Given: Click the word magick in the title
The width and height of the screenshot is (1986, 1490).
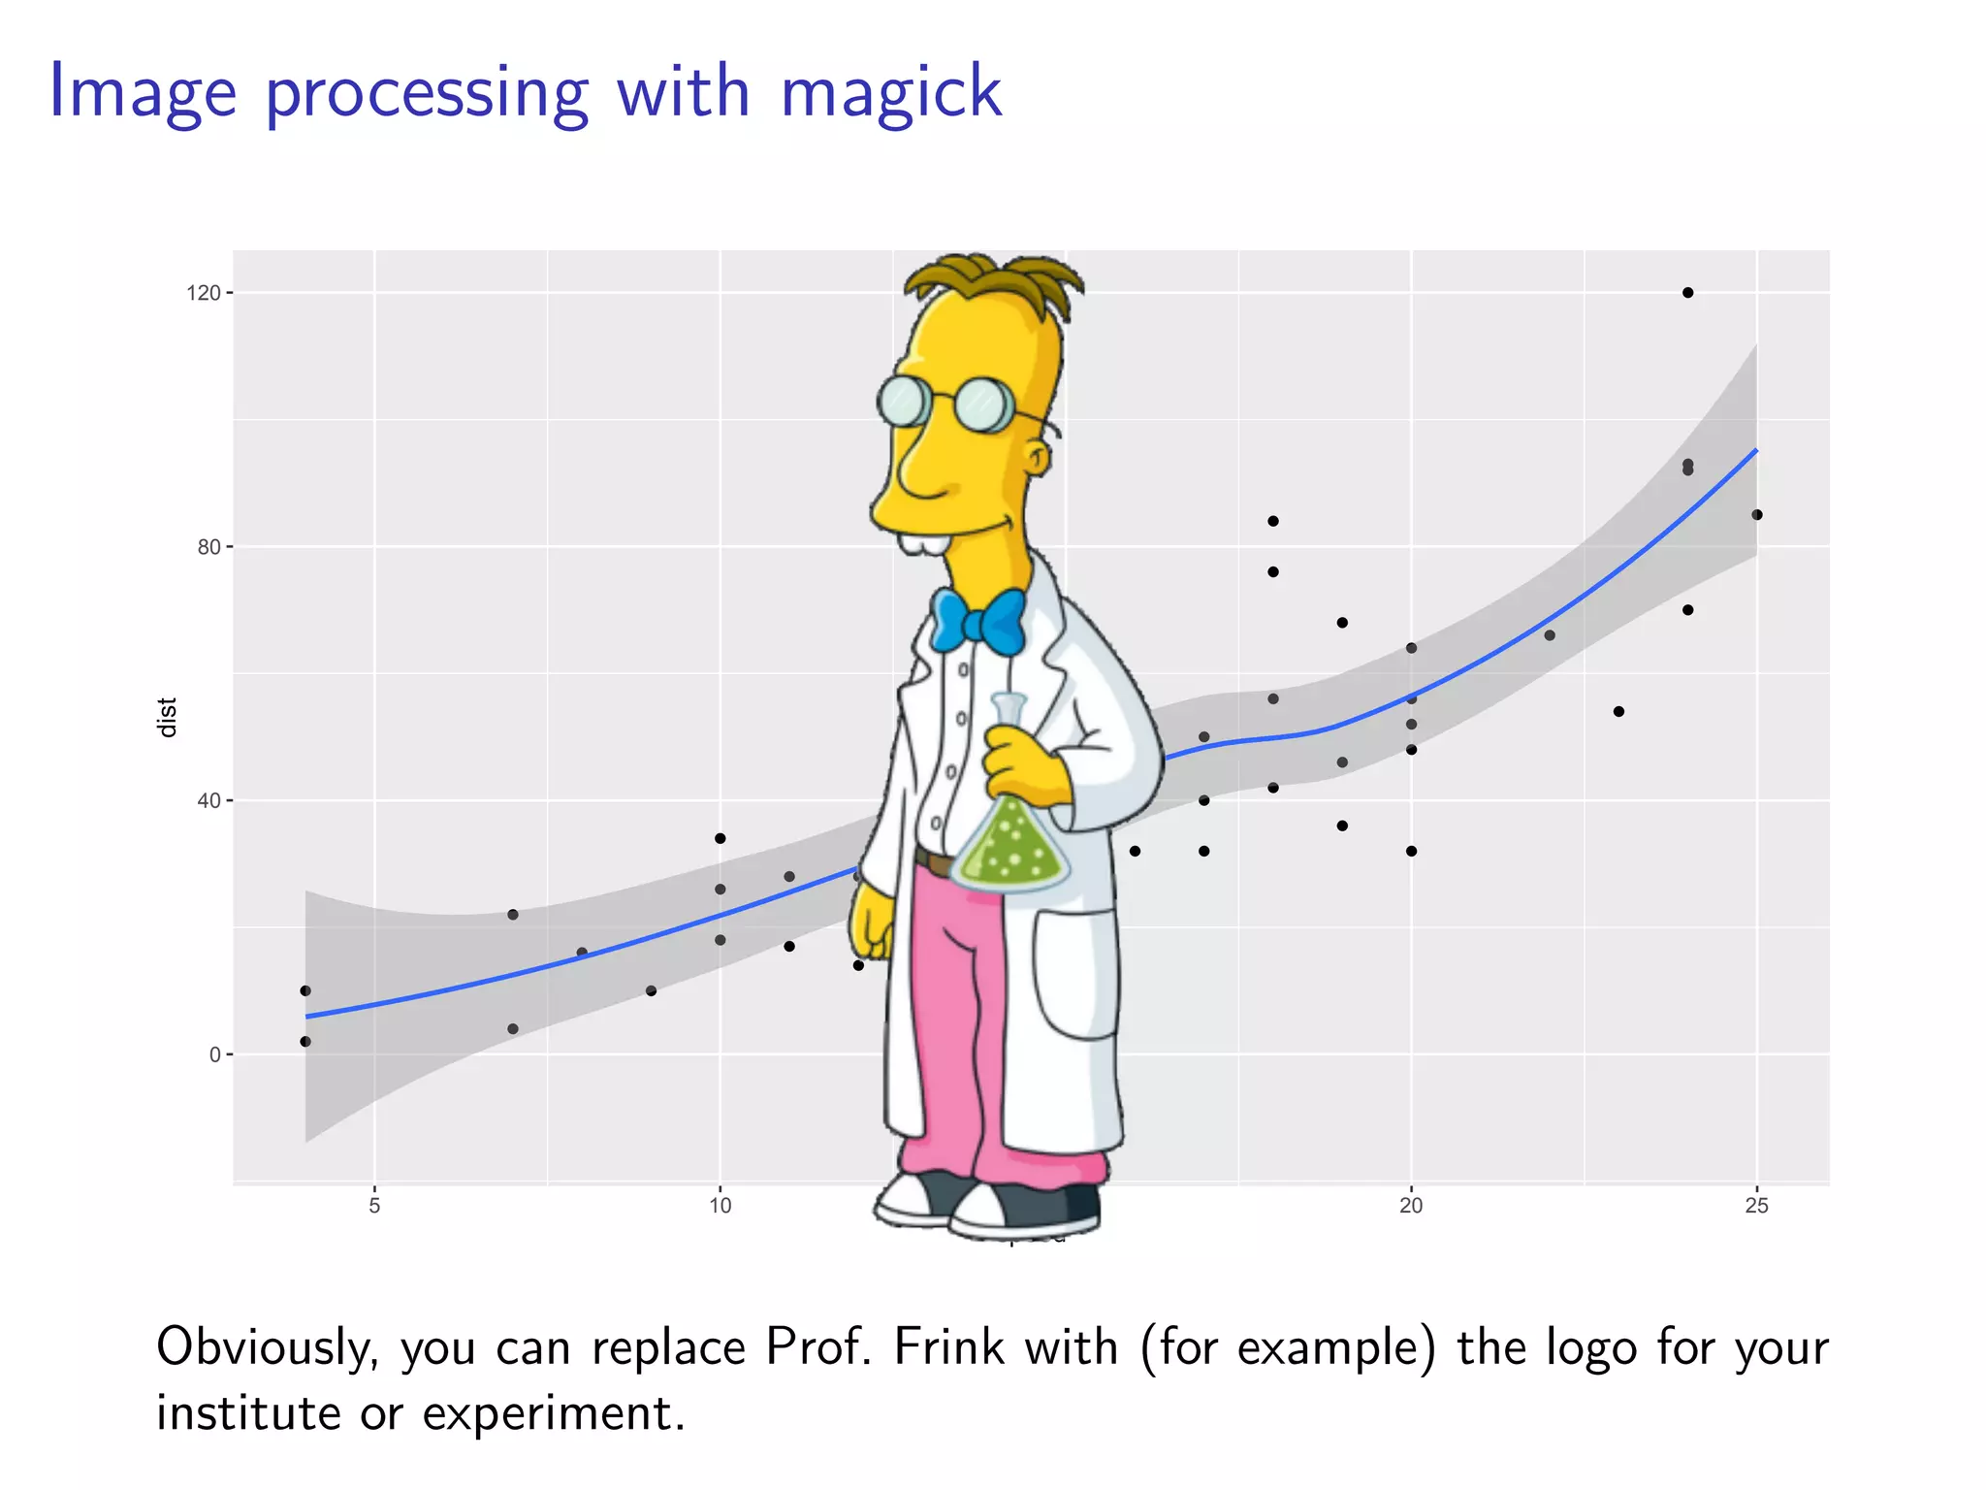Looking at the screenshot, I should pos(890,92).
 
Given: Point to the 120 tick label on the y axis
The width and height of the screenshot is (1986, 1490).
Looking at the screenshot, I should pos(203,293).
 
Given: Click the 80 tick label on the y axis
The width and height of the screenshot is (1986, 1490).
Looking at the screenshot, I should pos(208,547).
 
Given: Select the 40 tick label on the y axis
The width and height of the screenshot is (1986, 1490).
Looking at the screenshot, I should pos(208,801).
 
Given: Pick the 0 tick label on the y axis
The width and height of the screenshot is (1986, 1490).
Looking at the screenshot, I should pos(214,1055).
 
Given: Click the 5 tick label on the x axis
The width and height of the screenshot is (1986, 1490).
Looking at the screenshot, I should pos(374,1206).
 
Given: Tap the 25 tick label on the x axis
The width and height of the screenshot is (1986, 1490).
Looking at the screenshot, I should pos(1756,1206).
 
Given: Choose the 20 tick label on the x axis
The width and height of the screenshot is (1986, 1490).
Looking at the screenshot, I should pos(1411,1206).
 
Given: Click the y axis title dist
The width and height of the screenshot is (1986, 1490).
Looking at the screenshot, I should pos(168,717).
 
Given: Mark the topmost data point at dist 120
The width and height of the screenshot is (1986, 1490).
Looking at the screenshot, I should pos(1687,293).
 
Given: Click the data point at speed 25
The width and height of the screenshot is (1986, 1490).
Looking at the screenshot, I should pos(1757,515).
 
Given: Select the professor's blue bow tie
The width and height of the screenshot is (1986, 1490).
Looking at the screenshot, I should pos(977,621).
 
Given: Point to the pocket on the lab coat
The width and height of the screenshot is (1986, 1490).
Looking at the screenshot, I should pos(1074,975).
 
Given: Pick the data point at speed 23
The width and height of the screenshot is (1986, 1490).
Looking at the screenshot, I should pos(1618,712).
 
